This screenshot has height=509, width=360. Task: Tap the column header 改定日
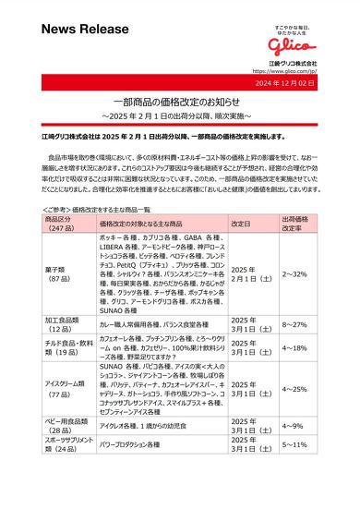(242, 224)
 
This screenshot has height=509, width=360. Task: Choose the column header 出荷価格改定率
(294, 224)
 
